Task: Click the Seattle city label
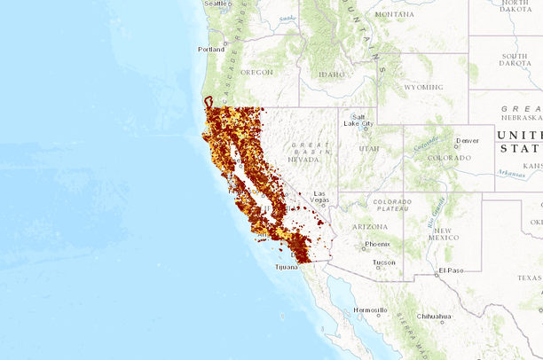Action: (x=216, y=4)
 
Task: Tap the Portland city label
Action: (x=210, y=50)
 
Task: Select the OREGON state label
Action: (x=256, y=72)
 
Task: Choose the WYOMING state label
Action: (x=422, y=88)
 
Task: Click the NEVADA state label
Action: (x=303, y=160)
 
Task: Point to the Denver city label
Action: (x=467, y=140)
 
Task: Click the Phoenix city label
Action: (x=377, y=244)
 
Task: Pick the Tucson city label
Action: (x=383, y=262)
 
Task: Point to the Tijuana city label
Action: (x=287, y=266)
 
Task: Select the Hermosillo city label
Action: (x=370, y=310)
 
